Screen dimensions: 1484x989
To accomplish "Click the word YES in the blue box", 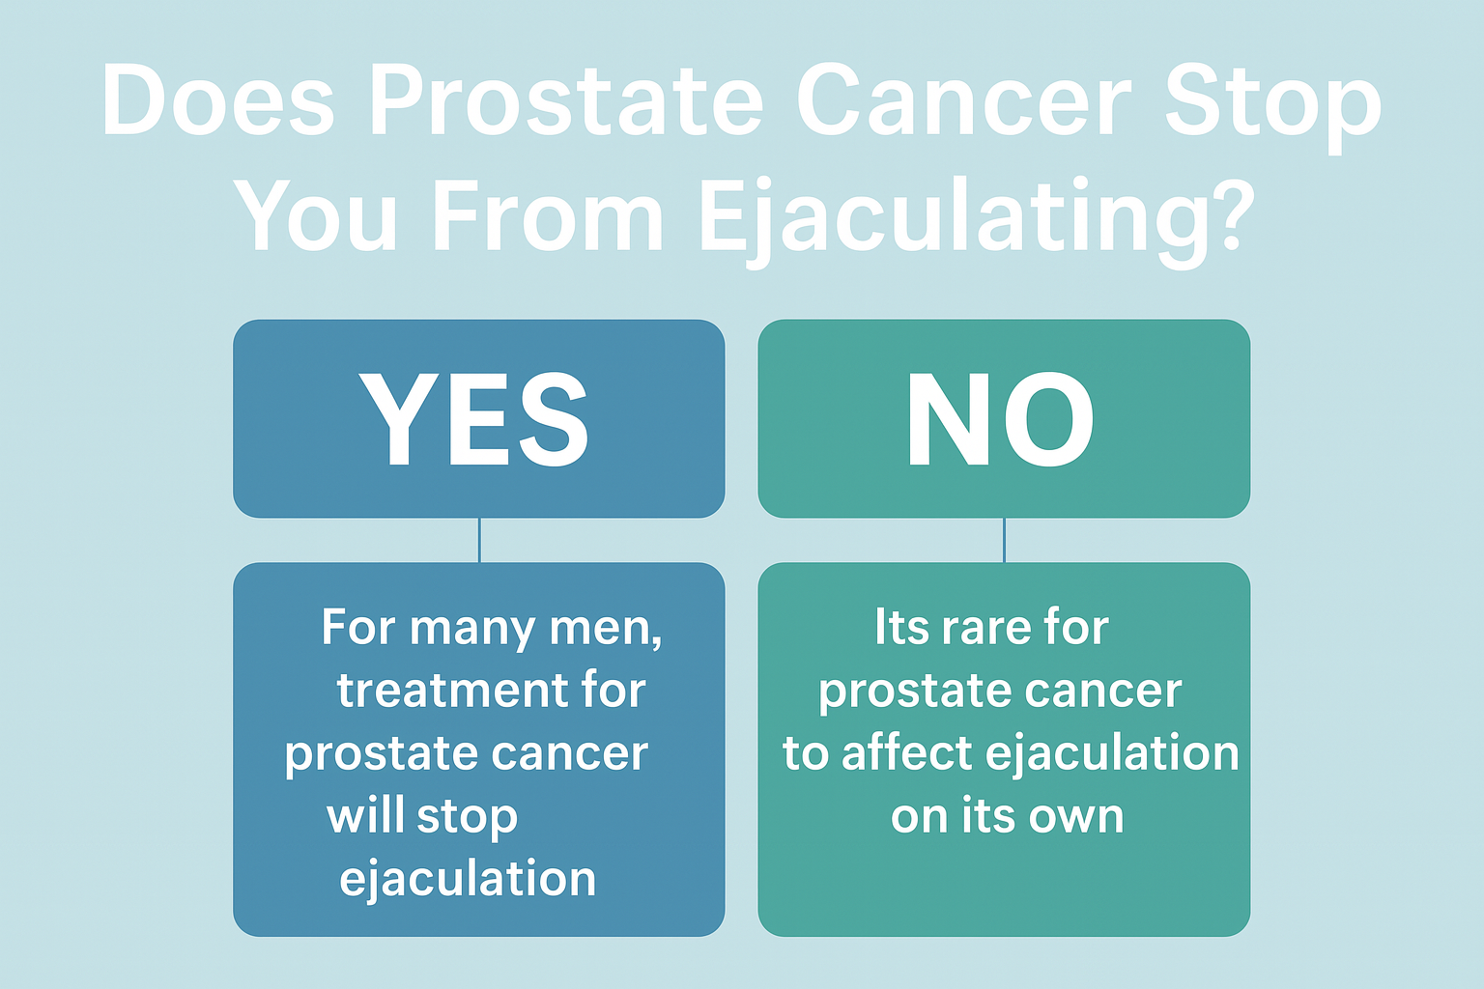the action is pyautogui.click(x=473, y=418).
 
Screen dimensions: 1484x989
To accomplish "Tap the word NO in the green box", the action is pyautogui.click(x=1000, y=418).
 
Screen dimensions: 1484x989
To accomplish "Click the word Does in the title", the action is pyautogui.click(x=218, y=100).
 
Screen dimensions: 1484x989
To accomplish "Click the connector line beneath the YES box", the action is pyautogui.click(x=479, y=540).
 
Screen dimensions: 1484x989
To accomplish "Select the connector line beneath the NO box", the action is pyautogui.click(x=1005, y=540).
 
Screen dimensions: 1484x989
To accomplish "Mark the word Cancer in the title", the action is pyautogui.click(x=963, y=100).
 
